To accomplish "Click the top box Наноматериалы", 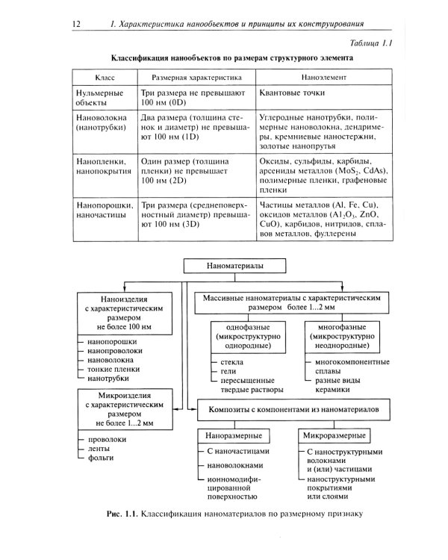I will point(235,265).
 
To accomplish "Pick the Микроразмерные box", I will point(335,435).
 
